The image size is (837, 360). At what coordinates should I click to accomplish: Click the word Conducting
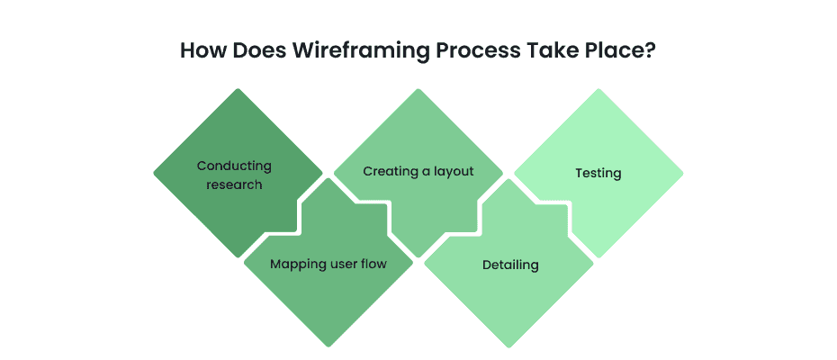pos(234,166)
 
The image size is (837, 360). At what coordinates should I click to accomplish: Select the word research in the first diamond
pos(234,184)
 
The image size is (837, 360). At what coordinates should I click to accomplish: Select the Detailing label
pos(510,265)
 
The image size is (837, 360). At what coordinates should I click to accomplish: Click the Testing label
pos(598,172)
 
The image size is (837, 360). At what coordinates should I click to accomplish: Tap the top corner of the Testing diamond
pos(598,90)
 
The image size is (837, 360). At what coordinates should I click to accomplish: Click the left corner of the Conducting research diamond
pos(155,173)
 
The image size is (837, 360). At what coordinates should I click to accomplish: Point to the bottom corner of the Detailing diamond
pos(509,346)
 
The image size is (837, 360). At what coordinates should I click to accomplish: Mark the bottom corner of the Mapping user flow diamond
pos(328,346)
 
